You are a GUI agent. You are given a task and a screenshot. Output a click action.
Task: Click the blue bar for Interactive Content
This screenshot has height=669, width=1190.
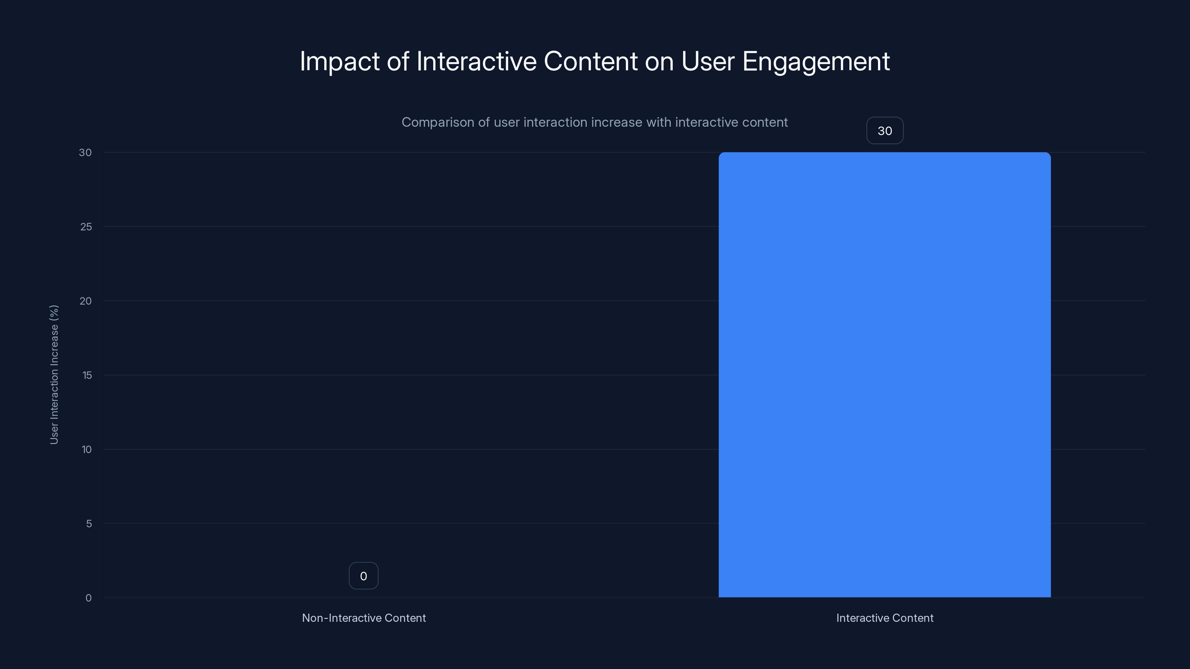884,374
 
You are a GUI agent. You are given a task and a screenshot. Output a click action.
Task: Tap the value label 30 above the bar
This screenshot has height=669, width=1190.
885,131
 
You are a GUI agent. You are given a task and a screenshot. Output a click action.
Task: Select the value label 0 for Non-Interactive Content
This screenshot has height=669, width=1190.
364,576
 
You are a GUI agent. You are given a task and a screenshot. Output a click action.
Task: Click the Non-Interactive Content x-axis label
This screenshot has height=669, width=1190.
364,618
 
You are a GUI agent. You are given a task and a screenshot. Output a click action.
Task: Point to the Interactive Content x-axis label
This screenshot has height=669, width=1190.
885,618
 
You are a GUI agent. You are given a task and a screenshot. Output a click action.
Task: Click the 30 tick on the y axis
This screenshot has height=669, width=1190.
86,152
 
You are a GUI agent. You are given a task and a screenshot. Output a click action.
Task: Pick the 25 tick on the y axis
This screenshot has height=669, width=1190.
86,227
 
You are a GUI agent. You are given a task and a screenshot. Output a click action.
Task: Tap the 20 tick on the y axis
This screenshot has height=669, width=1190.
86,301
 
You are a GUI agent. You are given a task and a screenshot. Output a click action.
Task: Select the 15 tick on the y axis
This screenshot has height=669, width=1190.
87,375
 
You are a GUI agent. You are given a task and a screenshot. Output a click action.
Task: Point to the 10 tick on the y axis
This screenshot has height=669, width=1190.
86,449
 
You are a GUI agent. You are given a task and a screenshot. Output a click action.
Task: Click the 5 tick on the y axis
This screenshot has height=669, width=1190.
89,524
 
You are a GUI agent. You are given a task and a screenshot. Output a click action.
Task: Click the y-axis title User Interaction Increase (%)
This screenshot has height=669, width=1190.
54,374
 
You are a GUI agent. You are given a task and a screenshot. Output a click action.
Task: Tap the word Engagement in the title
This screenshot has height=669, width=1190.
816,61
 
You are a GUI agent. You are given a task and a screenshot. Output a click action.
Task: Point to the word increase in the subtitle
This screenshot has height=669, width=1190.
617,122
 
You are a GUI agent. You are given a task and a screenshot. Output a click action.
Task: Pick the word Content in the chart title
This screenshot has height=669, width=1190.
591,61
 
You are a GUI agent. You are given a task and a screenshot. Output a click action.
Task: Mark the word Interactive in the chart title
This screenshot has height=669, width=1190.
476,61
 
